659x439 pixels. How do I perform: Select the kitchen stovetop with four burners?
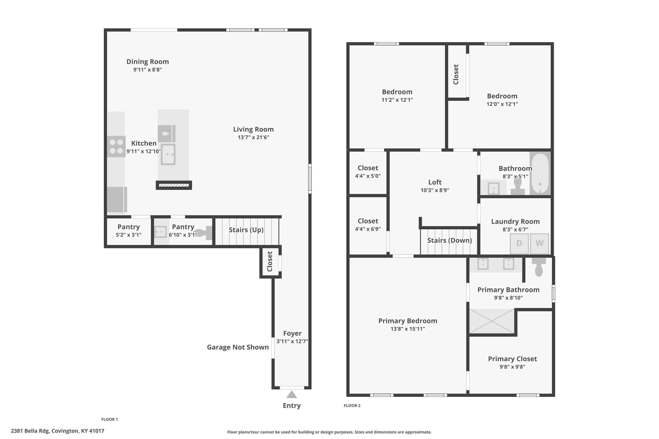click(x=116, y=146)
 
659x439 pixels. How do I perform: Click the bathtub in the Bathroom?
click(x=540, y=173)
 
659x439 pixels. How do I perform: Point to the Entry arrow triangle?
click(x=292, y=394)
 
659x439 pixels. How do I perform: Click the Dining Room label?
click(x=148, y=62)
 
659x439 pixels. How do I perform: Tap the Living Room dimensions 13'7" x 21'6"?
click(x=253, y=137)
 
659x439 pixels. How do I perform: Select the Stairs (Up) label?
click(x=246, y=230)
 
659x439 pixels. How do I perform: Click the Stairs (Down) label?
click(x=449, y=240)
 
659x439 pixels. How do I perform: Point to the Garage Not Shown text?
click(x=238, y=347)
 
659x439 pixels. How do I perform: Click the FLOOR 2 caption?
click(x=352, y=405)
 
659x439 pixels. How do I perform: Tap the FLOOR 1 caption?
click(x=110, y=419)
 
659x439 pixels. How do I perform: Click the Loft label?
click(x=435, y=182)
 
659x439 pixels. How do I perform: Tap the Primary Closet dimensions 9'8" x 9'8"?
click(x=512, y=367)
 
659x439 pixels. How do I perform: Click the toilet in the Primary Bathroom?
click(x=539, y=267)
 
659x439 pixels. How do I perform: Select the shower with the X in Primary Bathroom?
click(x=492, y=321)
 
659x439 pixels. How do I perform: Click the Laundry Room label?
click(x=515, y=221)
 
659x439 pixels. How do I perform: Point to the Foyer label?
click(x=292, y=333)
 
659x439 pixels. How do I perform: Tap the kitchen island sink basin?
click(x=168, y=154)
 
